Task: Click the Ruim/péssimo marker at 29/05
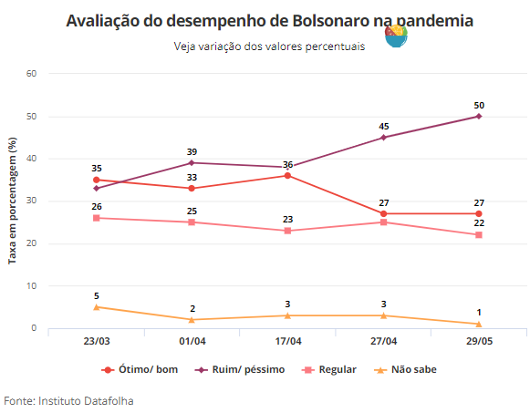pos(479,116)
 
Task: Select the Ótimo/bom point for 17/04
pos(287,176)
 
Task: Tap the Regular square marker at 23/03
pos(97,218)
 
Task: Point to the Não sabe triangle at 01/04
pos(192,319)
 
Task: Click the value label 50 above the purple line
pos(479,106)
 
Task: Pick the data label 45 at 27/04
pos(384,127)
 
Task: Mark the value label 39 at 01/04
pos(192,152)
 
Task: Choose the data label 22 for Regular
pos(479,222)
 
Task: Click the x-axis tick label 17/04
pos(288,341)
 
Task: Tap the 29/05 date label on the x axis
pos(479,341)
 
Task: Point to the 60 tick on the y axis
pos(31,74)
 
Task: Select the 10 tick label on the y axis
pos(31,286)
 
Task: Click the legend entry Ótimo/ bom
pos(140,369)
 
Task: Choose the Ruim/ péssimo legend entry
pos(240,369)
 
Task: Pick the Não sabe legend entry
pos(405,369)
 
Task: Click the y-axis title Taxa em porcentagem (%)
pos(12,201)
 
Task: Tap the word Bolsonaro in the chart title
pos(331,21)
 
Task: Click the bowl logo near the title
pos(396,36)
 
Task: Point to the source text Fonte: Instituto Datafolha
pos(68,401)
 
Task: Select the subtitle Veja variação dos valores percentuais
pos(269,46)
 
